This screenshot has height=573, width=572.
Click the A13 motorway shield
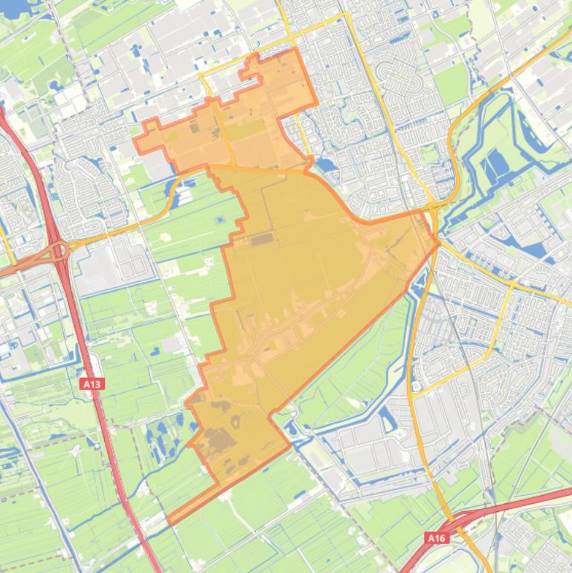point(91,384)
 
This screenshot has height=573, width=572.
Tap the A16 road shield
point(436,537)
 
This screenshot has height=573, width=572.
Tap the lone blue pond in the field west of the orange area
point(219,220)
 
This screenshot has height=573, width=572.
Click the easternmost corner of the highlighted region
point(438,242)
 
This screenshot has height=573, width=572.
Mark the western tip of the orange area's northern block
point(135,139)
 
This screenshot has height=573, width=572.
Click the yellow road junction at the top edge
point(345,14)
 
